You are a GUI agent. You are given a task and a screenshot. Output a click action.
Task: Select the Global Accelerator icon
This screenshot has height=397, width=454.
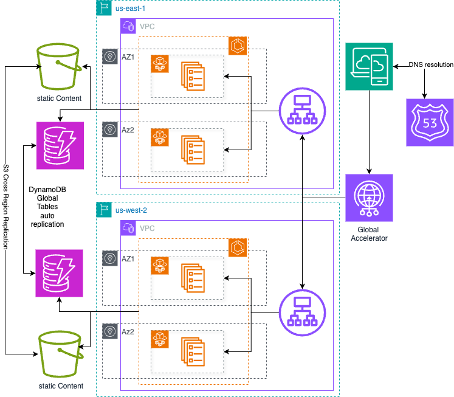pyautogui.click(x=369, y=198)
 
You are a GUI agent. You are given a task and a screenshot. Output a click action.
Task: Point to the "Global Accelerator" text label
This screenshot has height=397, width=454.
pyautogui.click(x=369, y=234)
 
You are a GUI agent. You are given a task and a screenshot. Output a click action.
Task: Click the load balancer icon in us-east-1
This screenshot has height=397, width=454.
pyautogui.click(x=303, y=111)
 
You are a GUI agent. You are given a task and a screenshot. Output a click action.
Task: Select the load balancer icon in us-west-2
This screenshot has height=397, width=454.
pyautogui.click(x=303, y=312)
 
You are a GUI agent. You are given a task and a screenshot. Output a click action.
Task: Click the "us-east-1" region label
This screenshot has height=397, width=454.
pyautogui.click(x=130, y=9)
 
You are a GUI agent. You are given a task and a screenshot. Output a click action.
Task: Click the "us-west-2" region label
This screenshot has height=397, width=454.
pyautogui.click(x=131, y=210)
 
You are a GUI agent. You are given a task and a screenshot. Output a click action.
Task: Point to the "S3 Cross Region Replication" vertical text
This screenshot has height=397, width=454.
pyautogui.click(x=5, y=198)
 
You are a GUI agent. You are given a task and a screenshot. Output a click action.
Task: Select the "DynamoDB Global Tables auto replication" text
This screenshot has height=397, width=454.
pyautogui.click(x=47, y=207)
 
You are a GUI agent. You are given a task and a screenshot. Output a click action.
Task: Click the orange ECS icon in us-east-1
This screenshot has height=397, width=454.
pyautogui.click(x=236, y=46)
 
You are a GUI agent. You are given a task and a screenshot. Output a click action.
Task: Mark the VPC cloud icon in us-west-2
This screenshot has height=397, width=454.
pyautogui.click(x=129, y=228)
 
